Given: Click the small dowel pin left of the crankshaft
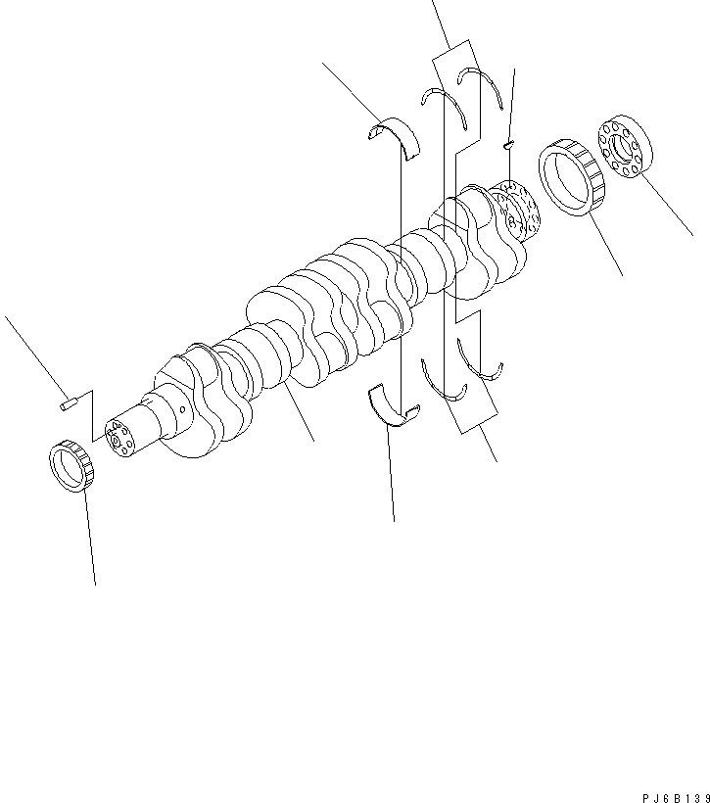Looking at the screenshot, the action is (66, 400).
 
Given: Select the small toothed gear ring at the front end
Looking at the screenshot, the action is (71, 466).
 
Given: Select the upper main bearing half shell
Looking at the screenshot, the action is (398, 134).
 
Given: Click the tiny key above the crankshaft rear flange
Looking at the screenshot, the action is (508, 144).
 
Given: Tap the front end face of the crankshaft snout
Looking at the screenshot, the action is (119, 440).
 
